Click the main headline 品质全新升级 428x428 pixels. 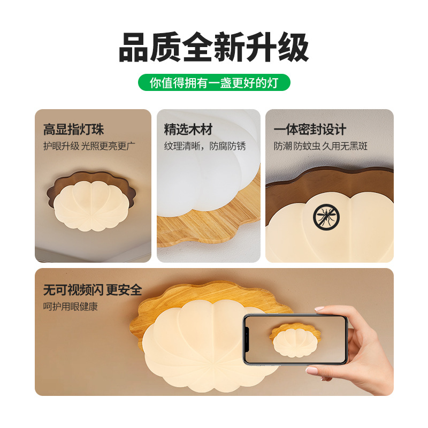[213, 48]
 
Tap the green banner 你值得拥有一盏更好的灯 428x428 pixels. [214, 82]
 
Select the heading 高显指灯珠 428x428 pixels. [73, 129]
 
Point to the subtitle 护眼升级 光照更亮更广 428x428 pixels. [89, 146]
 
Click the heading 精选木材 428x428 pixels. [188, 129]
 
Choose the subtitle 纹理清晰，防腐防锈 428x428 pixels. [205, 146]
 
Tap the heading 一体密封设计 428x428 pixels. [310, 129]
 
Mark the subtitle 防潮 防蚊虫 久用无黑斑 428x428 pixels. [320, 146]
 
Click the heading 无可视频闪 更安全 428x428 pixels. [93, 290]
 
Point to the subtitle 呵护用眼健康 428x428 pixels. [71, 307]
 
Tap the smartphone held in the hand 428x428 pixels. [295, 340]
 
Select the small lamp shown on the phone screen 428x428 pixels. [295, 340]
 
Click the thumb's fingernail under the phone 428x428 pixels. [312, 370]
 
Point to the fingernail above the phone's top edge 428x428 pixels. [319, 309]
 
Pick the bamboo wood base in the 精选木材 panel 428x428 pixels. [209, 218]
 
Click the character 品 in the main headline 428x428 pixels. [133, 48]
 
